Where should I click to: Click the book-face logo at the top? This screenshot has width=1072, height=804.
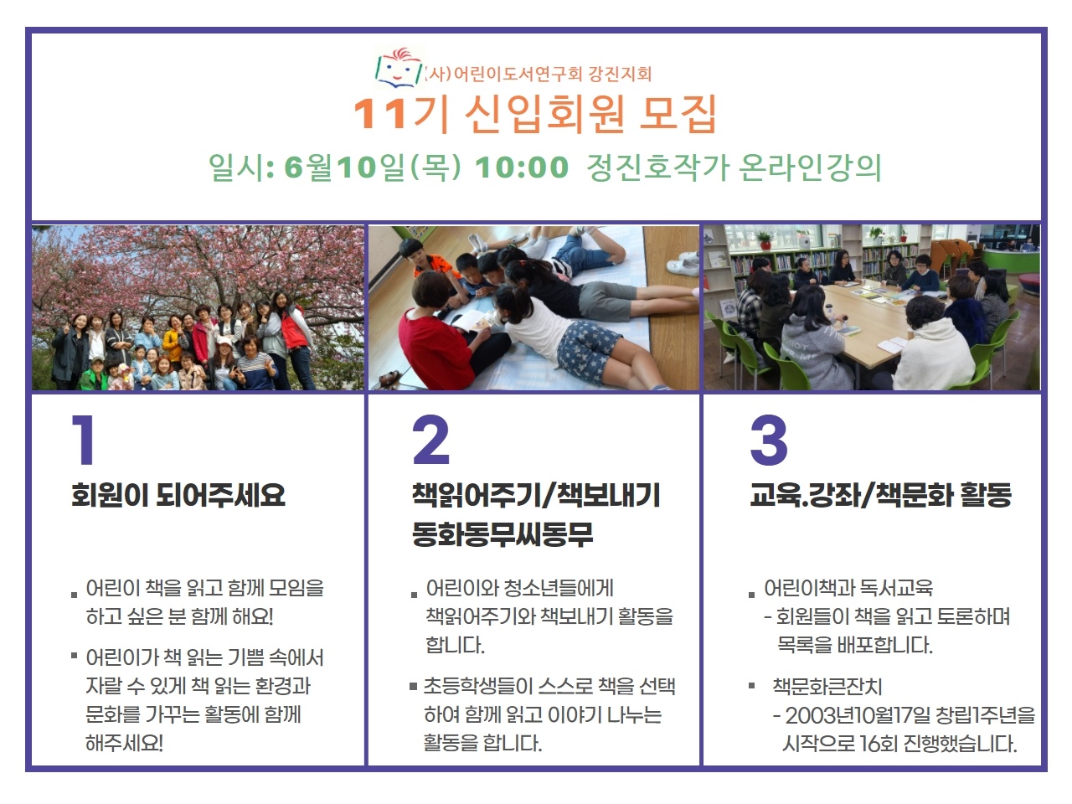pos(399,68)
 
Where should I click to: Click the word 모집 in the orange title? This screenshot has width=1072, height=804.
pos(678,114)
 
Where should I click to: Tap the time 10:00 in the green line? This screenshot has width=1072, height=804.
pos(522,167)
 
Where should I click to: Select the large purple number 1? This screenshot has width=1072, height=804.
pos(84,440)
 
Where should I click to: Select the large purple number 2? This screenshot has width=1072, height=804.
pos(430,440)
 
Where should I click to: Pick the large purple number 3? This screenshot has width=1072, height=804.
pos(769,440)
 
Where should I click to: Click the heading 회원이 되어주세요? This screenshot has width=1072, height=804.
pos(178,495)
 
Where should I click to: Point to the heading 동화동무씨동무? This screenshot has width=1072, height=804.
pos(502,533)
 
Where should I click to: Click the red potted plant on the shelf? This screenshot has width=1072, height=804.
pos(764,240)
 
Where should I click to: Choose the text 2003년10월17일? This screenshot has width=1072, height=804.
pos(858,715)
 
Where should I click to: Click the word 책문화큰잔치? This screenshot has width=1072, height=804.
pos(827,687)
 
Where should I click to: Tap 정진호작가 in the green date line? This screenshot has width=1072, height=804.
pos(657,167)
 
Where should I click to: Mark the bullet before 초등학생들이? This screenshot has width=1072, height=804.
pos(413,687)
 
